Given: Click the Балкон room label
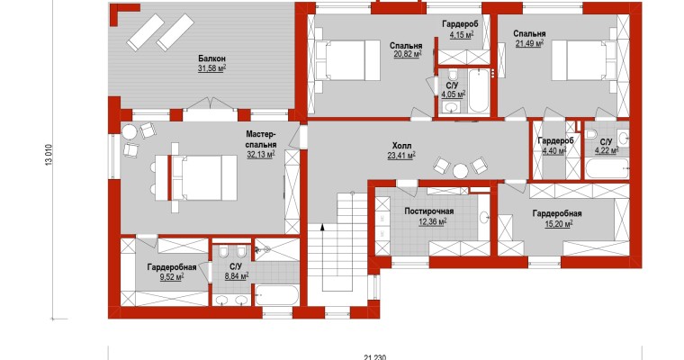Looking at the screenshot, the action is tap(211, 58).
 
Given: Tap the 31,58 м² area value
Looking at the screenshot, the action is tap(211, 68).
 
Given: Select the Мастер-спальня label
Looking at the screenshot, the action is tap(261, 139).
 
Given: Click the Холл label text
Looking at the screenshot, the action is tap(401, 145).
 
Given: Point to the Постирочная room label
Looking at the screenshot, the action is tap(428, 211).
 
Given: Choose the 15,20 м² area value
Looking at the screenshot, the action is tap(556, 223).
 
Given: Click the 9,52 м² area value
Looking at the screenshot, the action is tap(171, 276).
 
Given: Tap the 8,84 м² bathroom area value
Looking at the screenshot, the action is tap(237, 275).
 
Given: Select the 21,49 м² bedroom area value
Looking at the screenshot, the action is tap(529, 43).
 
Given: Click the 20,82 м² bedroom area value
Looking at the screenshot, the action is tap(408, 54).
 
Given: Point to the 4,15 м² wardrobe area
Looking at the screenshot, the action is tap(461, 34).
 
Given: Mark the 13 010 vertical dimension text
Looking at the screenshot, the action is tap(49, 155).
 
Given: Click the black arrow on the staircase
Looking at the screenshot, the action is tap(322, 227).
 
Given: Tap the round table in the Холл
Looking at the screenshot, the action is tap(460, 171).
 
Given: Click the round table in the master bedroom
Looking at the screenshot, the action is tap(129, 131).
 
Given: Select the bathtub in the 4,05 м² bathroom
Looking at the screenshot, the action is tap(479, 90).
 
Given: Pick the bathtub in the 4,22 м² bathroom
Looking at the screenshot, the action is tap(607, 168).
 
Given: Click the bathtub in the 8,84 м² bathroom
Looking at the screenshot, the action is tap(277, 294).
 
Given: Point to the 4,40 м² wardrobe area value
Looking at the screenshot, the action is tap(553, 151).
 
